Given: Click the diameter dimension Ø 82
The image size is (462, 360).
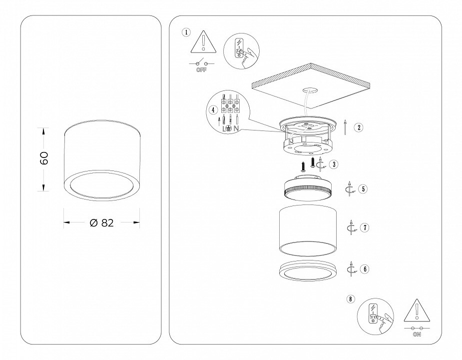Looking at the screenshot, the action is [102, 223].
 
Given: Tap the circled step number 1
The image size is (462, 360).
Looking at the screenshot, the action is [186, 32].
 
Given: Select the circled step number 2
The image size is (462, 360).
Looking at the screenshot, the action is [359, 127].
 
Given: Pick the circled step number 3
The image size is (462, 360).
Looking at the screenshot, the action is [334, 164].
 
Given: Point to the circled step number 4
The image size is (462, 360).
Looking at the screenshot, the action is [213, 110].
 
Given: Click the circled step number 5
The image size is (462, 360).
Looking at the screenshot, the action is [363, 189].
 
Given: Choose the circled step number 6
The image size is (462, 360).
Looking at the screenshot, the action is [365, 269].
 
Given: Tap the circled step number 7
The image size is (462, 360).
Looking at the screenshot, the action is [365, 227].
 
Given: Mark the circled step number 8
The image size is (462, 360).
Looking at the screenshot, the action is [350, 299].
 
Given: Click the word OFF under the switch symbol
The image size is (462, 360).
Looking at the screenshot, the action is [202, 70].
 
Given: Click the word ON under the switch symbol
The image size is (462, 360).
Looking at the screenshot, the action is [417, 334].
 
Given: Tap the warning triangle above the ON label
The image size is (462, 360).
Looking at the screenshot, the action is [417, 310].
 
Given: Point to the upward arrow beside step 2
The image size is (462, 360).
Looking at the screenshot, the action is [345, 127].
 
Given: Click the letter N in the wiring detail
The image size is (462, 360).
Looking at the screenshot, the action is [236, 128].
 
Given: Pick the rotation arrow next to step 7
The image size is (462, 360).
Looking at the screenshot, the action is [352, 227].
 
